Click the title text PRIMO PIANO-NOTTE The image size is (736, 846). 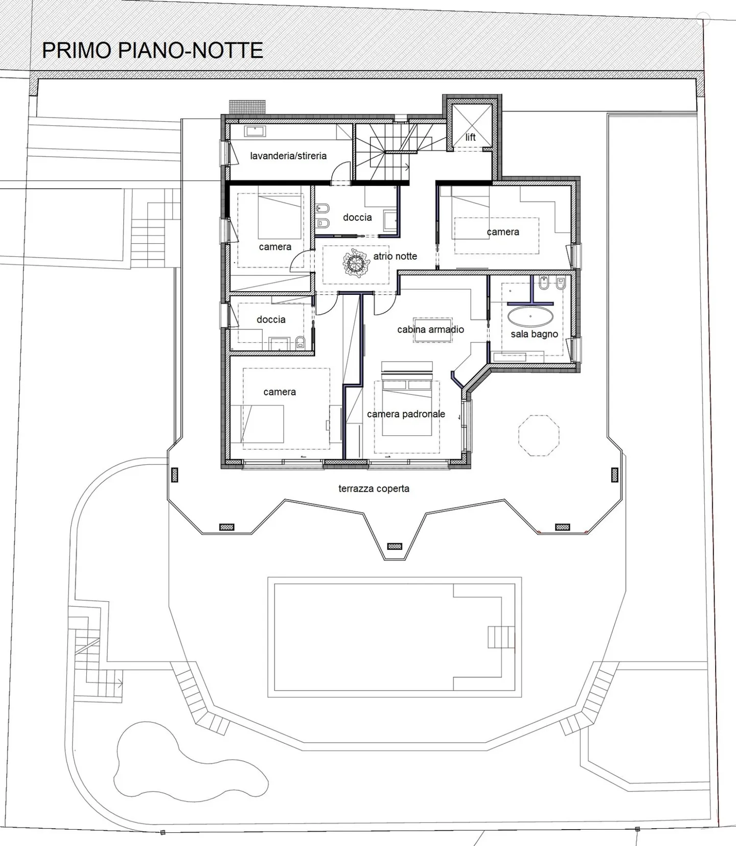tap(152, 50)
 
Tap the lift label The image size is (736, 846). tap(470, 137)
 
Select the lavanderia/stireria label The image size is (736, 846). tap(288, 156)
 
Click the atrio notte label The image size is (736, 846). tap(395, 256)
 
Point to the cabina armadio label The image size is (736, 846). tap(431, 330)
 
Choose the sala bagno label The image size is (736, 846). tap(534, 334)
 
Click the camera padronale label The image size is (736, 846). tap(406, 414)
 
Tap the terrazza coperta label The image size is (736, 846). tap(374, 488)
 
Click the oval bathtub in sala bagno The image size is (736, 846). tap(531, 317)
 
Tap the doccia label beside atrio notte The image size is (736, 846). tap(357, 217)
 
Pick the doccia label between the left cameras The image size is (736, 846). tap(271, 319)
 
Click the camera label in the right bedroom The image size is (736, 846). tap(503, 231)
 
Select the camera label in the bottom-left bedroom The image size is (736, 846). tap(280, 392)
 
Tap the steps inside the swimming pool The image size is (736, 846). tap(501, 637)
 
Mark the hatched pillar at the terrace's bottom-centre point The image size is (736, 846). tap(395, 547)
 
